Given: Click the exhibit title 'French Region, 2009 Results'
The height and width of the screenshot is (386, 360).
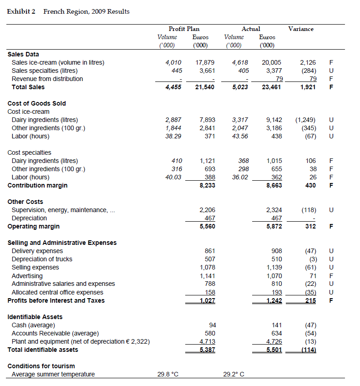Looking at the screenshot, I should coord(86,11).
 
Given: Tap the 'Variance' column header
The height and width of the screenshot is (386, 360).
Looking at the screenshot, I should coord(300,29).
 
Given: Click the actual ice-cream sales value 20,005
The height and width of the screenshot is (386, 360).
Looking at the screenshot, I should coord(272,62).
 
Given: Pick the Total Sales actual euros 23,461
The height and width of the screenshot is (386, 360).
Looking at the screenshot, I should coord(272,87).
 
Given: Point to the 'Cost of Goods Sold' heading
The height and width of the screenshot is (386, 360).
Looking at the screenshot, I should coord(36,103).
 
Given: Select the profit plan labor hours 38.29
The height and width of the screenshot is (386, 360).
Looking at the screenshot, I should coord(173,136).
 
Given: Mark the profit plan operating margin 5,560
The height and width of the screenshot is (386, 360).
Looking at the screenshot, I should coord(207,226).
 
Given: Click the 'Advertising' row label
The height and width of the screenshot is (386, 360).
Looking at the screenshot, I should coord(27,276).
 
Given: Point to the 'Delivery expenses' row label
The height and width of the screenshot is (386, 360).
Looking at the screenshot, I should coord(37,251).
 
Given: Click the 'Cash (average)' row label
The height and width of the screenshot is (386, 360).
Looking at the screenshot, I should coord(33,325).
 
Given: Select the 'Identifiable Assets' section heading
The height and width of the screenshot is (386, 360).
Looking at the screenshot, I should coord(35,317).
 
